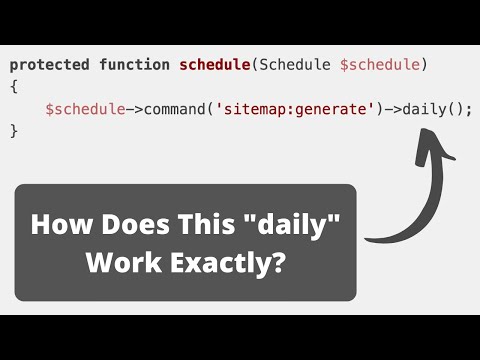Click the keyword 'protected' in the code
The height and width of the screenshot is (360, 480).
(x=49, y=65)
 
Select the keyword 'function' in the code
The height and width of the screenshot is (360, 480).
(x=134, y=65)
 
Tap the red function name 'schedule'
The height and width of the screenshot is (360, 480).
(x=215, y=65)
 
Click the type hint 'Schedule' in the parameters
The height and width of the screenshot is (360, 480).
(x=296, y=65)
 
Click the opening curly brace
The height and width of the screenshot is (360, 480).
(x=14, y=87)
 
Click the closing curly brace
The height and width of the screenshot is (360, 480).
(x=14, y=131)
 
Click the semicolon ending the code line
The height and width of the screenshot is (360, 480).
(x=468, y=109)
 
